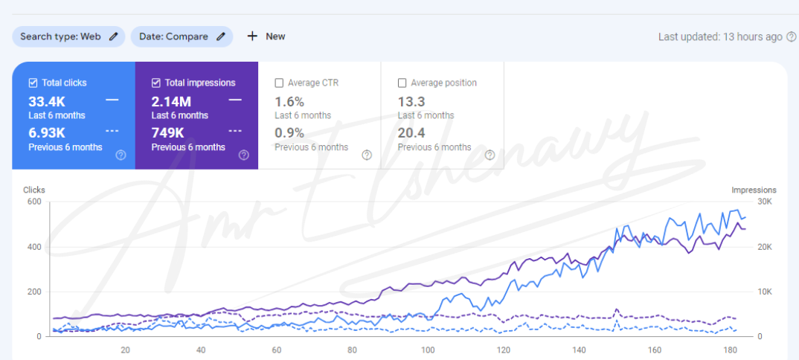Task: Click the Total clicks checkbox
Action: click(x=33, y=83)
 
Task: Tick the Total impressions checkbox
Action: click(x=155, y=83)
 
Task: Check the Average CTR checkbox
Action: click(x=279, y=83)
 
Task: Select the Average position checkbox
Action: click(x=402, y=83)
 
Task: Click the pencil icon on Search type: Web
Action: click(x=113, y=36)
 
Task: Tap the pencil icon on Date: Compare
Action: click(x=221, y=36)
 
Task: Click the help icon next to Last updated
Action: click(x=791, y=36)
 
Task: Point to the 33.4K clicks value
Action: click(x=47, y=101)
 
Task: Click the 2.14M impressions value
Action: click(x=172, y=101)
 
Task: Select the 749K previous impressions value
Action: click(x=168, y=133)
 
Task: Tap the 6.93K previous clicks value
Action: click(x=47, y=133)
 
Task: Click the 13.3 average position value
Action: click(x=411, y=101)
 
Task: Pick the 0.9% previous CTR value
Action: click(x=289, y=133)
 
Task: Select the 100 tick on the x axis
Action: click(x=428, y=350)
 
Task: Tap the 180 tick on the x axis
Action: click(x=731, y=350)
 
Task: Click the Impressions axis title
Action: click(x=754, y=190)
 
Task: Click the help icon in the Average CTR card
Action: click(x=366, y=155)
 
